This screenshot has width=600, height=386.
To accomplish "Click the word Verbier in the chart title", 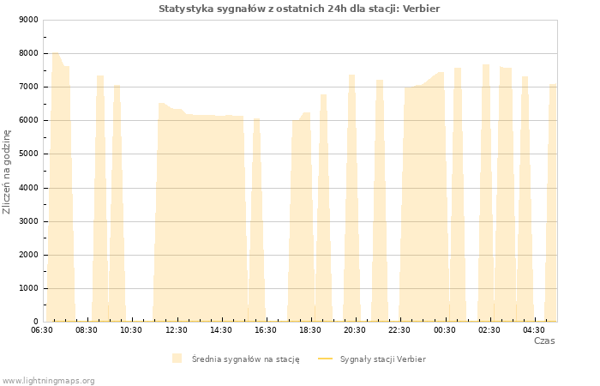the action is point(422,9).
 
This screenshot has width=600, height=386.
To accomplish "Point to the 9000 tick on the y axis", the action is point(28,20).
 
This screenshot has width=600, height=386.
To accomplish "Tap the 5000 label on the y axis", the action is point(28,154).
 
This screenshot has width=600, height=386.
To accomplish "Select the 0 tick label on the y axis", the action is point(36,322).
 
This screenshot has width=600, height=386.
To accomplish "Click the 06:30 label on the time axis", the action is point(42,330).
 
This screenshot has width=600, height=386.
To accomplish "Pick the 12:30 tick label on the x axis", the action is point(177,330).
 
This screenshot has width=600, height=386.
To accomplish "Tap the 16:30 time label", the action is point(266,330).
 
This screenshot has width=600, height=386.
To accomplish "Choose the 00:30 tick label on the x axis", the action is point(445,330).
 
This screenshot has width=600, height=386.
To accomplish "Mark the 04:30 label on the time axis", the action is point(534,330).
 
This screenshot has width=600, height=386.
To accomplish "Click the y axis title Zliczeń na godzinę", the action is point(7,172).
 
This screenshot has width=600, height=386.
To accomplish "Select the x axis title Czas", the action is point(544,341).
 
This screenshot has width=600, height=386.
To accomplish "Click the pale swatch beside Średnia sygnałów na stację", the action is point(177,359).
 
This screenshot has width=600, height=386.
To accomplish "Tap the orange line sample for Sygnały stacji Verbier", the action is point(325,359).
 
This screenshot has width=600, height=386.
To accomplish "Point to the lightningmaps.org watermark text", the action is point(48,381).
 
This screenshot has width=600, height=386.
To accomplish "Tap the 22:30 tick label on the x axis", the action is point(399,330).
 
